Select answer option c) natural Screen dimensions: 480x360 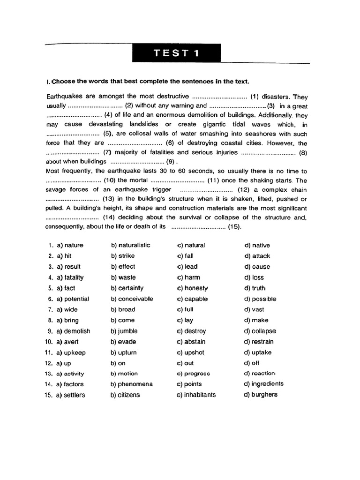[191, 245]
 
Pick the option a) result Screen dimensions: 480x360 [68, 267]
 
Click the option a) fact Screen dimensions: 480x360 [66, 288]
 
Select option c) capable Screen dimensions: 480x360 [192, 299]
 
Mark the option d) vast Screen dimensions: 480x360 [254, 310]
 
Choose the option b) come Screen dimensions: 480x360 [123, 321]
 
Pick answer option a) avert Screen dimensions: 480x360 [68, 342]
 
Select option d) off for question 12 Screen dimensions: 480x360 [251, 363]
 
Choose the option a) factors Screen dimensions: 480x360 [70, 384]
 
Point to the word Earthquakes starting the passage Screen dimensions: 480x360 [65, 96]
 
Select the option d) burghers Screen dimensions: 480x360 [260, 394]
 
